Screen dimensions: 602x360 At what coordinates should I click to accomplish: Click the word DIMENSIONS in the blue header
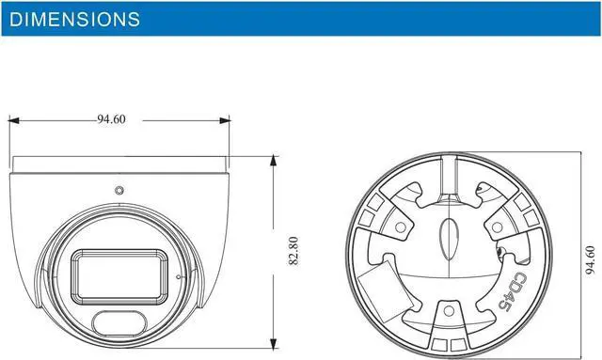pyautogui.click(x=75, y=19)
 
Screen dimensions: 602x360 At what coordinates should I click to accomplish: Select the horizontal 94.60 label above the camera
pyautogui.click(x=111, y=119)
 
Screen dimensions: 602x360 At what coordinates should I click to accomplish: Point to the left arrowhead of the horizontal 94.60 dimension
pyautogui.click(x=14, y=120)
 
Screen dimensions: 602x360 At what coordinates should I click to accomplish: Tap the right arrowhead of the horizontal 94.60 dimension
pyautogui.click(x=225, y=120)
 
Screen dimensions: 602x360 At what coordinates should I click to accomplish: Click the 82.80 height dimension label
pyautogui.click(x=293, y=251)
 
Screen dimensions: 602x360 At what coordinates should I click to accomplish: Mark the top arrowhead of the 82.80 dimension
pyautogui.click(x=274, y=161)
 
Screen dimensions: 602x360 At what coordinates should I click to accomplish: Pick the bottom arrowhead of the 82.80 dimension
pyautogui.click(x=274, y=343)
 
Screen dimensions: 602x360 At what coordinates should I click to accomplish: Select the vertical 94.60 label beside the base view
pyautogui.click(x=591, y=259)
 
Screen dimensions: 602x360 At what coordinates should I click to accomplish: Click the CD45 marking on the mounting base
pyautogui.click(x=513, y=291)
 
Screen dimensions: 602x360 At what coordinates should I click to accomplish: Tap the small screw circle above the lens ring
pyautogui.click(x=119, y=190)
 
